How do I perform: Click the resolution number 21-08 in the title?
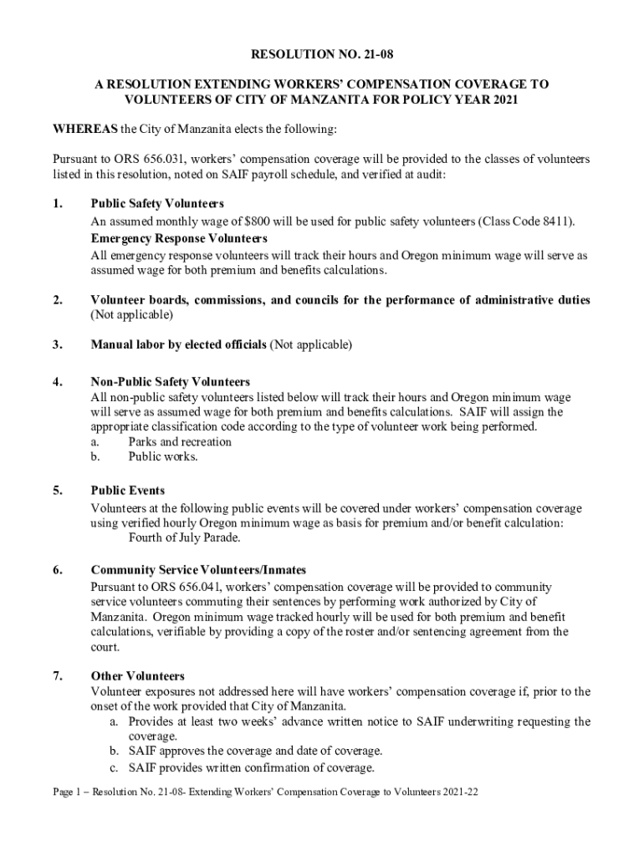[x=375, y=56]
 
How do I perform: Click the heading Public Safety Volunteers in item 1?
[x=157, y=204]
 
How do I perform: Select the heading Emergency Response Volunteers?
[x=179, y=238]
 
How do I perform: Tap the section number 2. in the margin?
[x=58, y=300]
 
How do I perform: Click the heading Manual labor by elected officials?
[x=178, y=344]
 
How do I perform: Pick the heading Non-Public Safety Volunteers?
[x=171, y=382]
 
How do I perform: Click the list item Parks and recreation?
[x=180, y=441]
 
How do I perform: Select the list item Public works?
[x=163, y=456]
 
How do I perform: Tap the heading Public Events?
[x=128, y=491]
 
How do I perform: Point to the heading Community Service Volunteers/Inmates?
[x=198, y=571]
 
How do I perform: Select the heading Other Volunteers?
[x=138, y=675]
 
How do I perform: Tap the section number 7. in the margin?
[x=58, y=675]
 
